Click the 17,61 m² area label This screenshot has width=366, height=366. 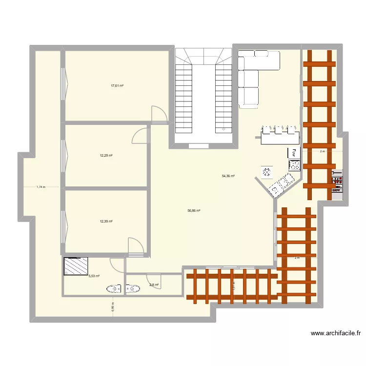[117, 85]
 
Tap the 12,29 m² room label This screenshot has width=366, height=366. [106, 156]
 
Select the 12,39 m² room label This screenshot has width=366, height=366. [106, 221]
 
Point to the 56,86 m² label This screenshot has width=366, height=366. [194, 211]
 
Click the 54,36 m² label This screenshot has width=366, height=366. [228, 176]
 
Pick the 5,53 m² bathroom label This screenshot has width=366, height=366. [94, 276]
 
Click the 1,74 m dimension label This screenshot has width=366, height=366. [41, 186]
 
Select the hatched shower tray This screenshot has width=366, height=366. [75, 267]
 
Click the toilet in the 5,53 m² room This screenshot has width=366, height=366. [114, 289]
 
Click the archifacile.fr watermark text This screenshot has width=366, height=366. [336, 334]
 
